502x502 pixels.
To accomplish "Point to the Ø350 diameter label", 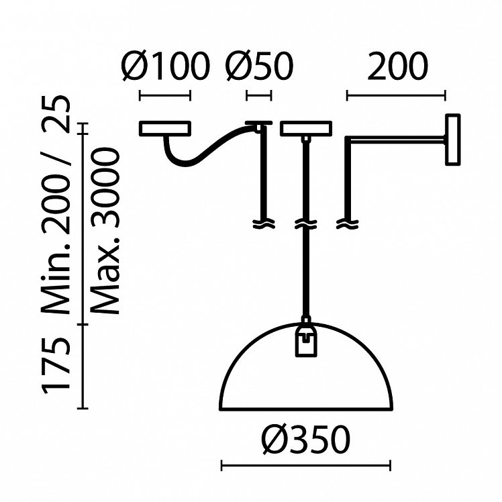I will click(x=306, y=440).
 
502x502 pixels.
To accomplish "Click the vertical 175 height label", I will click(x=56, y=366).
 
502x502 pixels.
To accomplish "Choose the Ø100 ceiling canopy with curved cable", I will click(x=165, y=128).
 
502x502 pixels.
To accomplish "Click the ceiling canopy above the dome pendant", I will click(x=305, y=128).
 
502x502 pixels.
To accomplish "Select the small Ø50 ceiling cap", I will click(x=259, y=123).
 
